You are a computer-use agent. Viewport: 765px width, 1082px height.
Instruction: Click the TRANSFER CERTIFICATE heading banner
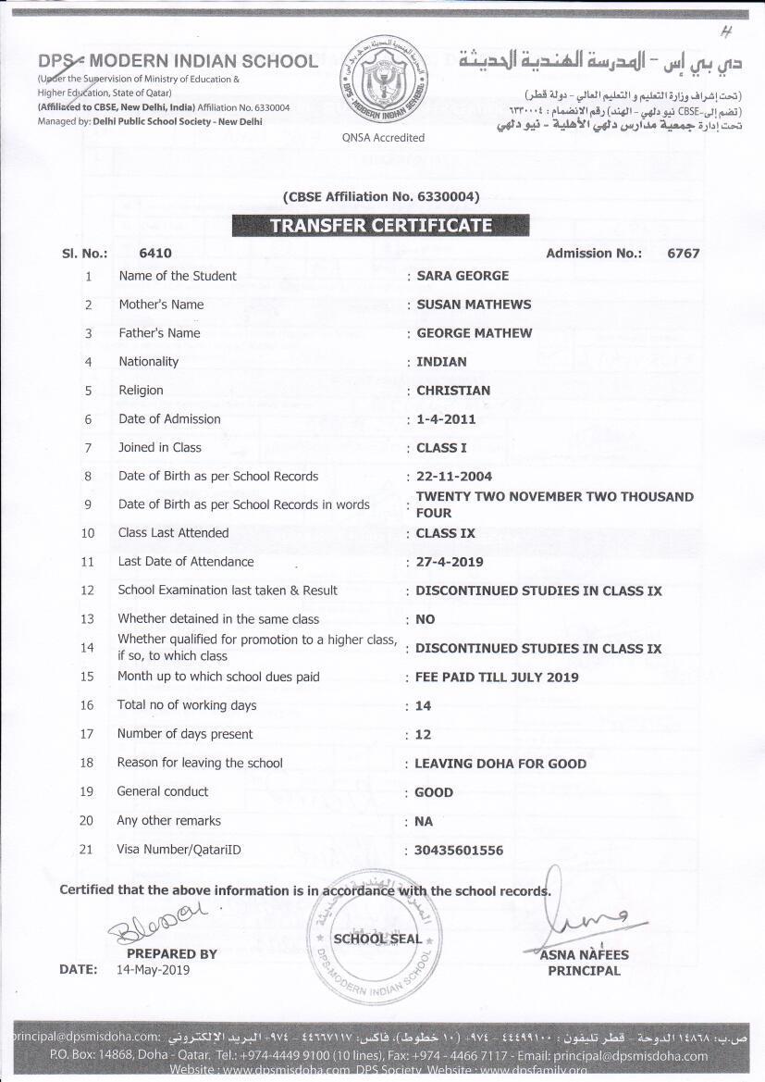[380, 225]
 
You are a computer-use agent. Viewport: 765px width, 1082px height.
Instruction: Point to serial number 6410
[154, 253]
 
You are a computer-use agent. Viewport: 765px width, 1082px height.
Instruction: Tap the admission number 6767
[683, 253]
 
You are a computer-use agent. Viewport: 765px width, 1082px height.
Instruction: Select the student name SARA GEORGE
[463, 276]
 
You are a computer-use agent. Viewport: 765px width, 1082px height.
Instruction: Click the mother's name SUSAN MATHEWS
[474, 305]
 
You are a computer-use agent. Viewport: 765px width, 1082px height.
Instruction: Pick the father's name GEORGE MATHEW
[475, 333]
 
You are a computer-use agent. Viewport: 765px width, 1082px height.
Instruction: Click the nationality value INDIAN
[441, 362]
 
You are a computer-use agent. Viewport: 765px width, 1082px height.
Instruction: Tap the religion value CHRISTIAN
[453, 391]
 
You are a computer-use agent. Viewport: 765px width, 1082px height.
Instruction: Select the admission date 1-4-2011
[446, 419]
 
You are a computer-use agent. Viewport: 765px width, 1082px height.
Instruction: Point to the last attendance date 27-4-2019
[449, 562]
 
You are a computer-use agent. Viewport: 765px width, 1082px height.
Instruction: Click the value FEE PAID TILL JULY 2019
[497, 677]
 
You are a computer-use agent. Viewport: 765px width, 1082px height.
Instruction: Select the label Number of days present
[184, 734]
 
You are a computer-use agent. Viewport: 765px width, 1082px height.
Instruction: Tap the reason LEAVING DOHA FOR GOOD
[500, 764]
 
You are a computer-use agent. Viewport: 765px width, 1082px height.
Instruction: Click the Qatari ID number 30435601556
[460, 850]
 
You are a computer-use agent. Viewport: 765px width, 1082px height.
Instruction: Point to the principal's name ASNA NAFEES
[585, 954]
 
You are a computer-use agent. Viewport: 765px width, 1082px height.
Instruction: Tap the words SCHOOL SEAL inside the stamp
[377, 939]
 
